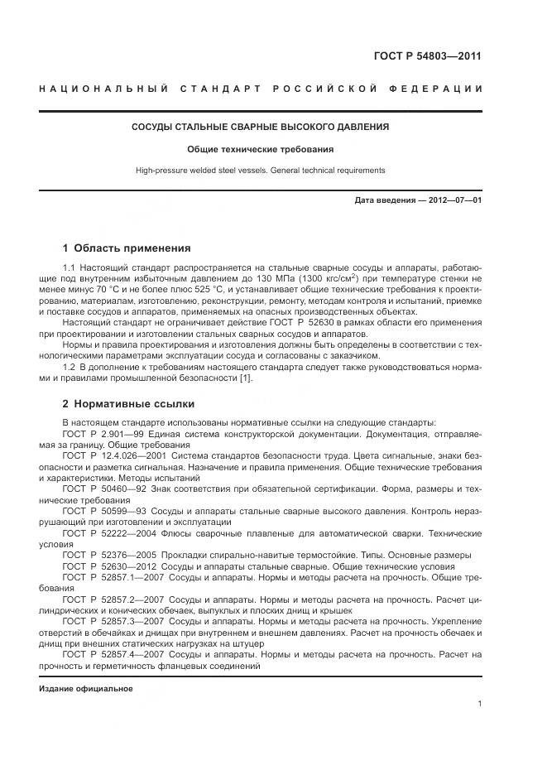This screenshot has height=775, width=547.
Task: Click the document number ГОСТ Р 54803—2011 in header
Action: pyautogui.click(x=429, y=57)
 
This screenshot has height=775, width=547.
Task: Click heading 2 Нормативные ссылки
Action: pyautogui.click(x=128, y=404)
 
